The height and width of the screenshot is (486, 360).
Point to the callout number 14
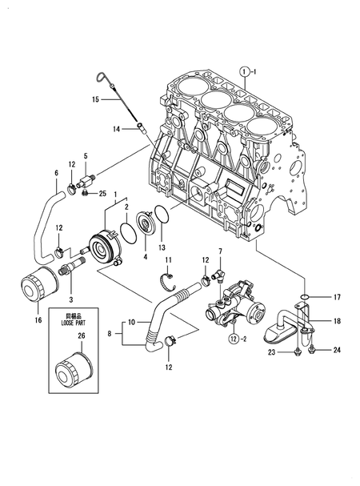(x=116, y=129)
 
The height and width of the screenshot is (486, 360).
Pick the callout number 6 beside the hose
(x=57, y=173)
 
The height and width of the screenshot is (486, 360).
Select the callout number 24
(x=337, y=349)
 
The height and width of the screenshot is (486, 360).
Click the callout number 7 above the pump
(x=220, y=252)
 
